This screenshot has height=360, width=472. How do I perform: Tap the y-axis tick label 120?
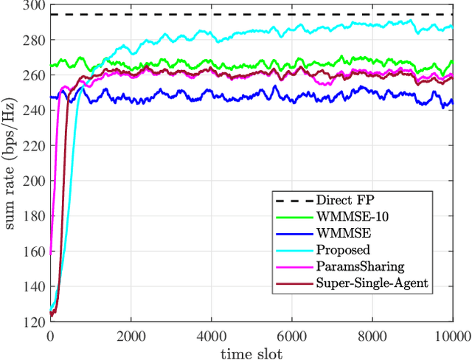[35, 322]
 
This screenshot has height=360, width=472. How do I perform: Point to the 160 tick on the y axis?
[35, 252]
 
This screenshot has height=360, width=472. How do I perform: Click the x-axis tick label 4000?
[212, 335]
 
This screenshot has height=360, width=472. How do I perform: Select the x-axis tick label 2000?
[131, 335]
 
